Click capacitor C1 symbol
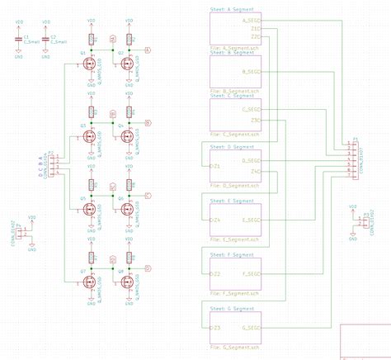coord(19,38)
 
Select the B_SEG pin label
coord(252,72)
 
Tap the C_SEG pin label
coord(252,108)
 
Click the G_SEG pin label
coord(252,328)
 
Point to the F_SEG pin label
coord(252,273)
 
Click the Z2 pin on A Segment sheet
coord(257,37)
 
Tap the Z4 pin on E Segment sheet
coord(214,220)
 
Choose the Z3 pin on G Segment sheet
coord(214,328)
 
